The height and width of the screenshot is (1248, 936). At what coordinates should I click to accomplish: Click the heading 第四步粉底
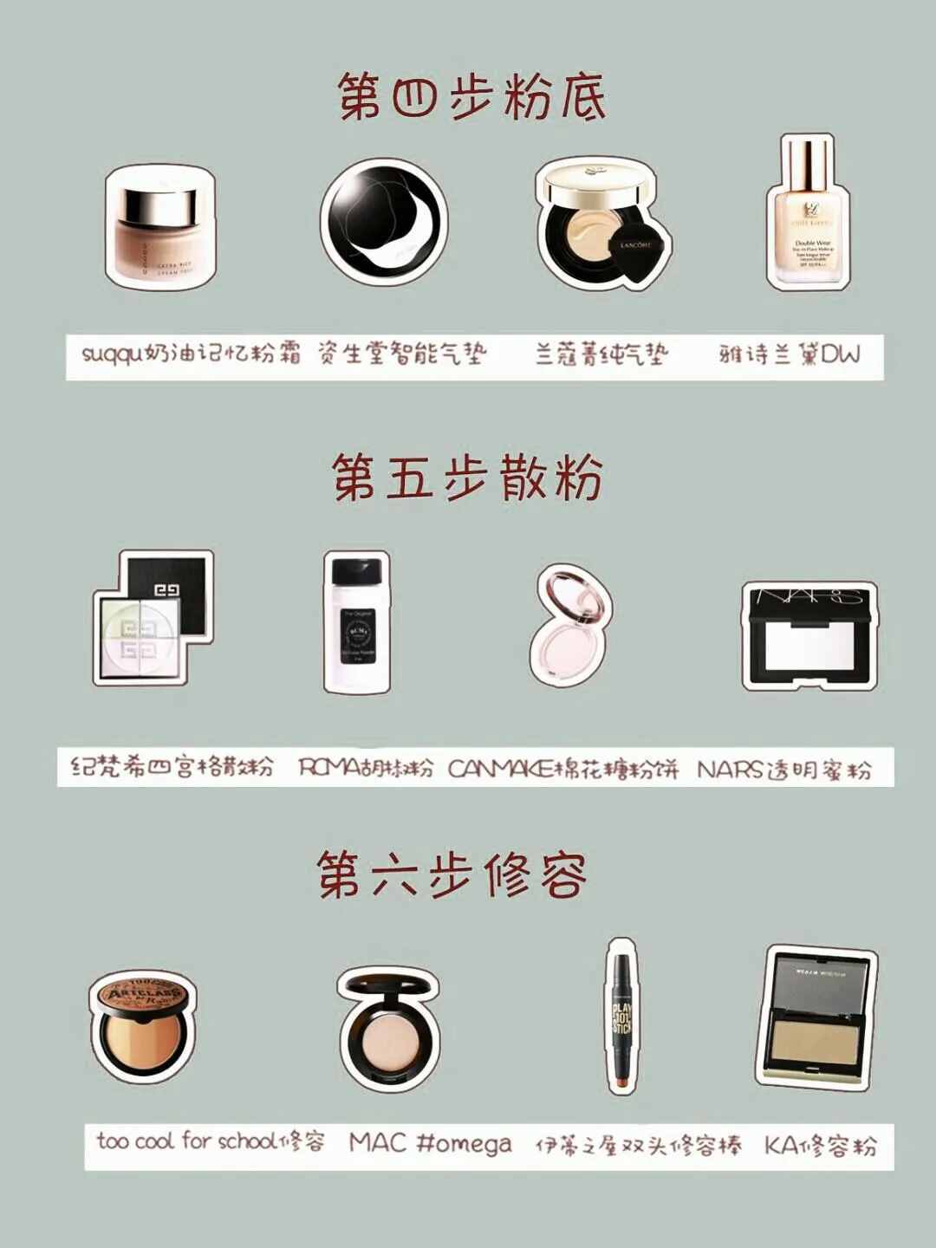471,96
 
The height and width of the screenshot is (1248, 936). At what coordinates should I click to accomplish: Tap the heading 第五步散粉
468,478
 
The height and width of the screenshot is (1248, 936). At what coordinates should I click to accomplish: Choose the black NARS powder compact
809,635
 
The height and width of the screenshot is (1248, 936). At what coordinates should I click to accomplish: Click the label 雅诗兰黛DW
789,354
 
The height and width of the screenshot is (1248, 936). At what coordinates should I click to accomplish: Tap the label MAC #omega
430,1143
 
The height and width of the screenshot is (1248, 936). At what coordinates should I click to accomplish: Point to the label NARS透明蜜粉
783,769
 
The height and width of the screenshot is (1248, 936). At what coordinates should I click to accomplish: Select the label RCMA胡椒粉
365,768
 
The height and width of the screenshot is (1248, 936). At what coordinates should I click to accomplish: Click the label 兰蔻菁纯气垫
601,354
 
